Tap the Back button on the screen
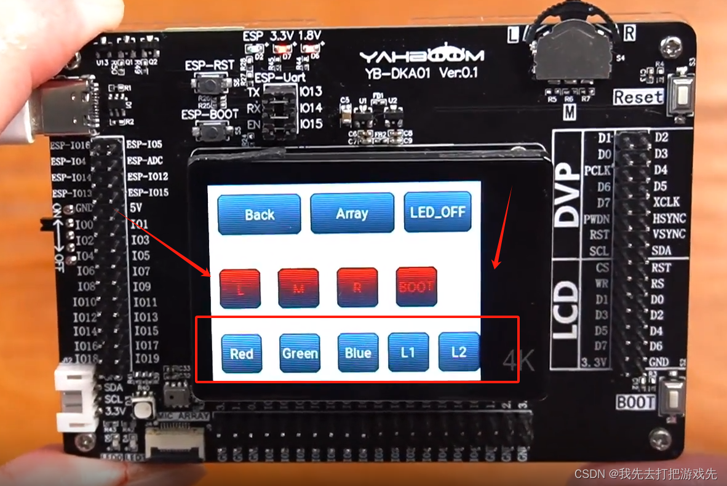(x=259, y=214)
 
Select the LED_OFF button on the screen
(x=437, y=213)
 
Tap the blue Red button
(x=242, y=353)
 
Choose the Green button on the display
(x=300, y=353)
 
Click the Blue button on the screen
(x=357, y=353)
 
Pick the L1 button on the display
(x=408, y=352)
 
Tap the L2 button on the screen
(x=458, y=351)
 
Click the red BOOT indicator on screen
(x=416, y=287)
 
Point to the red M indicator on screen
(x=298, y=287)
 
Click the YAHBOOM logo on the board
(x=421, y=56)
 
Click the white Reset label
(x=638, y=97)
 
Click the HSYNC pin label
(x=669, y=218)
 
